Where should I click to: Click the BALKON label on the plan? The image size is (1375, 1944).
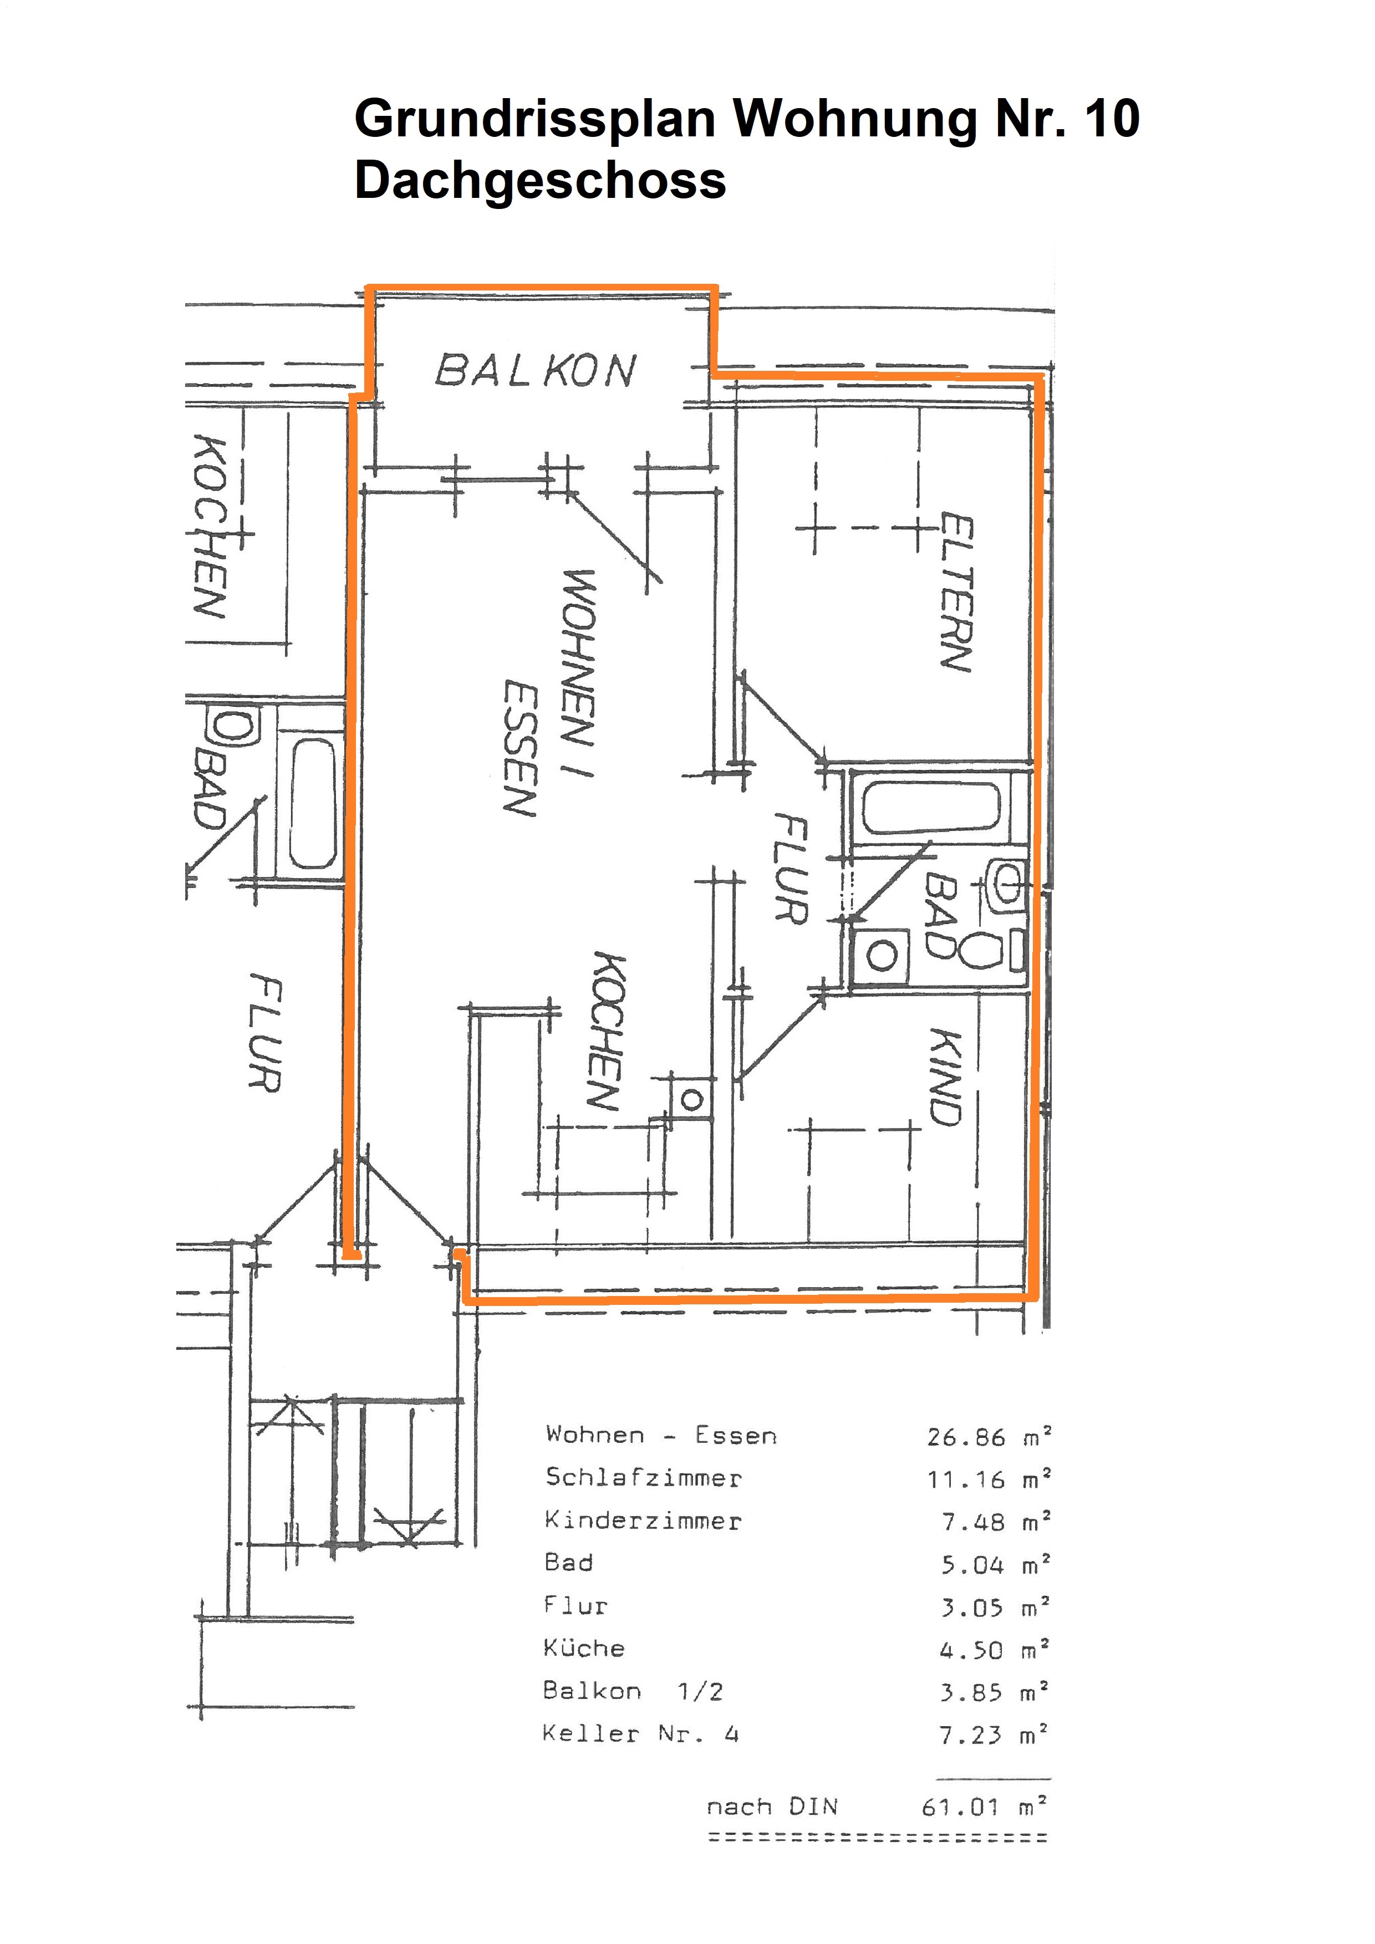click(535, 371)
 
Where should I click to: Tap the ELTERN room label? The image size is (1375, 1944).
click(957, 592)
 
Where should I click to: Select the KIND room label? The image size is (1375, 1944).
click(946, 1077)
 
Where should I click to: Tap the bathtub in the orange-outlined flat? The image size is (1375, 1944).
click(930, 807)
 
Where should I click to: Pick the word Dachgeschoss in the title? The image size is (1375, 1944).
click(540, 180)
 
